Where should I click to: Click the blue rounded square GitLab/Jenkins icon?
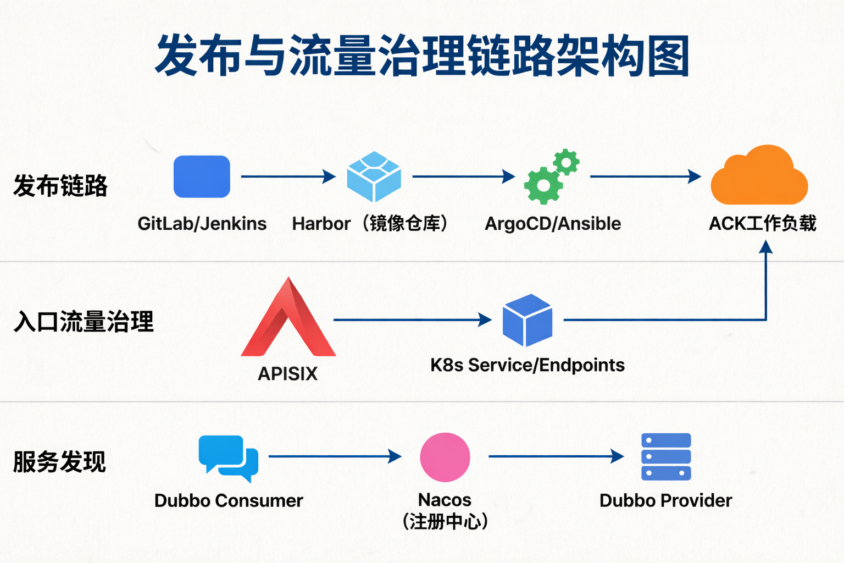coord(202,176)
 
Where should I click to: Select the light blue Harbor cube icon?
coord(374,176)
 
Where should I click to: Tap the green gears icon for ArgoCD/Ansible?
coord(551,176)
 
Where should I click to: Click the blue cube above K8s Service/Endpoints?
coord(527,320)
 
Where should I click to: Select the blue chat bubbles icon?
coord(228,458)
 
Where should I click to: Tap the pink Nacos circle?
coord(445,457)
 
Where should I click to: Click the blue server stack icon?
coord(666,457)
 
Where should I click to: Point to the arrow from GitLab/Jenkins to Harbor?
coord(288,176)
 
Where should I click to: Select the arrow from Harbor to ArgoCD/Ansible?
coord(463,176)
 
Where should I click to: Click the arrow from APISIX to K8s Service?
coord(412,319)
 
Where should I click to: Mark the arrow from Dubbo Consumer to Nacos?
coord(335,456)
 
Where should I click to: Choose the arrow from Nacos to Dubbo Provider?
coord(556,456)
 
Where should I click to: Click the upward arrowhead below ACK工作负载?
coord(765,247)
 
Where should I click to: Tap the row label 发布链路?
coord(60,186)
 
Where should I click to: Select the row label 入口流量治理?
coord(84,322)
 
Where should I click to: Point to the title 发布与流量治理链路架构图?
coord(422,56)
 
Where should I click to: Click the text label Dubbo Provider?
coord(665,500)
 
